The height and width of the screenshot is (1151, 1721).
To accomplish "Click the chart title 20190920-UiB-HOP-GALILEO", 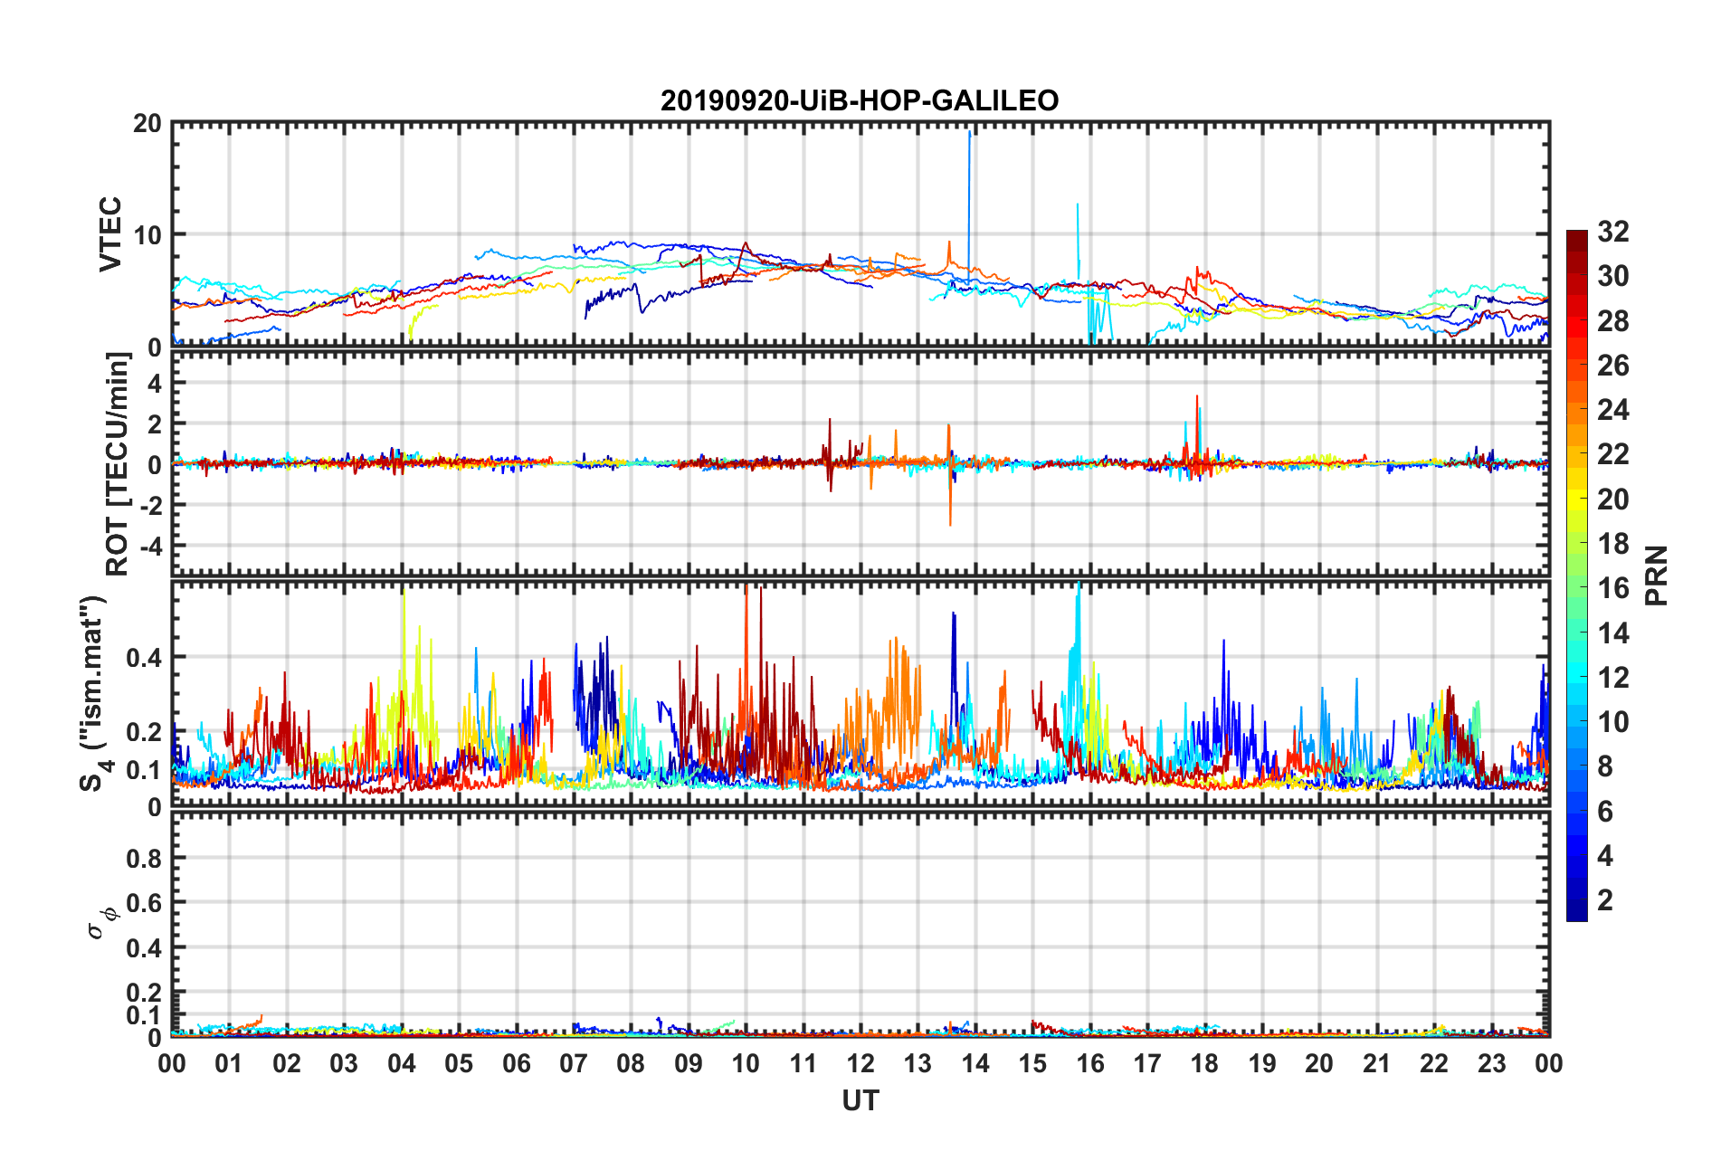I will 860,100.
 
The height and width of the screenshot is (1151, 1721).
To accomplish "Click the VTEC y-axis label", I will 110,233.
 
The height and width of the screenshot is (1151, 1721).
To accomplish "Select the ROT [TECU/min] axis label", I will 118,464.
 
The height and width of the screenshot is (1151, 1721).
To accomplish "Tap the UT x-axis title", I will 860,1100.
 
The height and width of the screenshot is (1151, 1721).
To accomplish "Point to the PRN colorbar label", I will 1656,575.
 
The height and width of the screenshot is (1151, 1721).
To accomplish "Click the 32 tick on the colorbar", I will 1612,232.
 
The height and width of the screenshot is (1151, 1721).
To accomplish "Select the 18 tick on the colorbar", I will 1612,544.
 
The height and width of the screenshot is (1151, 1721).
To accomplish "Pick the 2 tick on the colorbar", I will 1605,900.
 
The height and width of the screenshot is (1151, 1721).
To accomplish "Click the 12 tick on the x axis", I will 860,1063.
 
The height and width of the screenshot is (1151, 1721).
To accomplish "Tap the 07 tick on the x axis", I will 574,1063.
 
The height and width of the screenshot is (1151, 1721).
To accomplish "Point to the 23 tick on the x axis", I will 1491,1063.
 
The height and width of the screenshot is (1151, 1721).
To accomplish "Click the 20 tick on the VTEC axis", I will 147,124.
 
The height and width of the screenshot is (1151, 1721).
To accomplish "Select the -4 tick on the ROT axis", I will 150,547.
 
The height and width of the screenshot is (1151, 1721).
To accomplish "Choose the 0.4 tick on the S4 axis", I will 144,657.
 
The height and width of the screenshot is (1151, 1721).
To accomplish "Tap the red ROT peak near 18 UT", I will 1196,398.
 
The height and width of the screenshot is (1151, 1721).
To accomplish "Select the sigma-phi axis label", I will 102,921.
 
